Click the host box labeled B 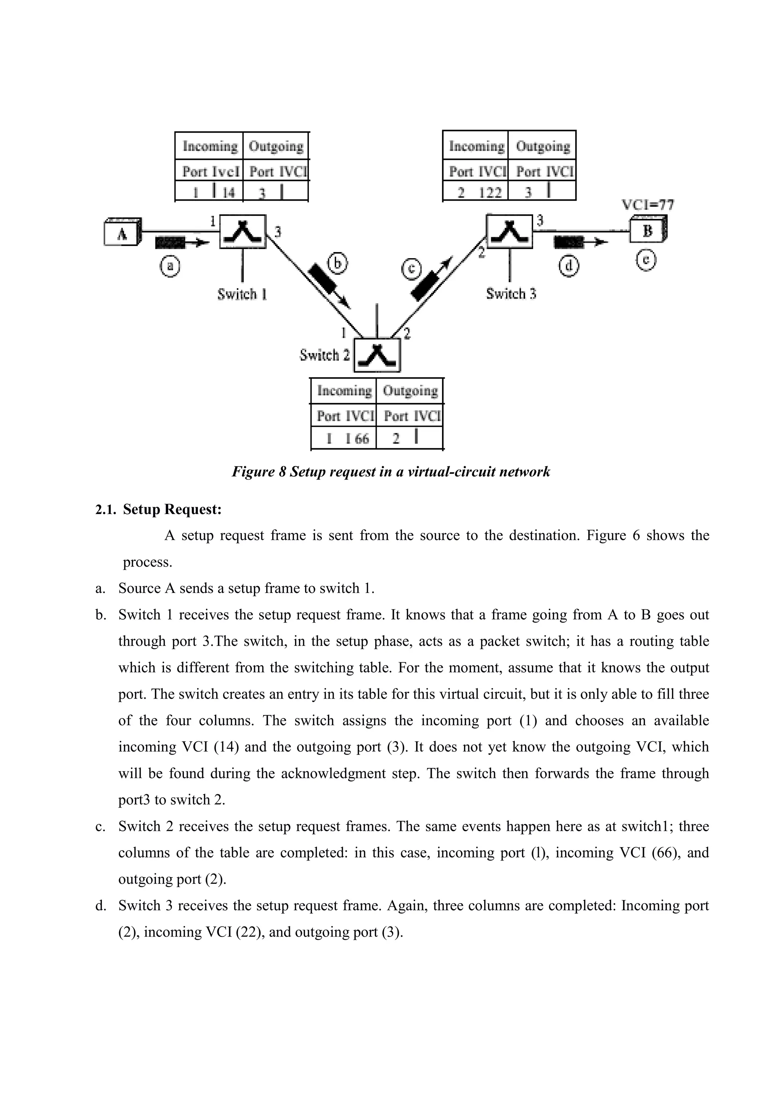click(x=648, y=231)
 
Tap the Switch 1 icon click(x=243, y=231)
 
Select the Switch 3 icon click(x=509, y=231)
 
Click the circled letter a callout click(x=170, y=266)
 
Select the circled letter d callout click(x=569, y=266)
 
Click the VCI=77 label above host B click(x=648, y=205)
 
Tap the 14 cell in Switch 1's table click(x=228, y=193)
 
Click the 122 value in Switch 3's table click(x=490, y=193)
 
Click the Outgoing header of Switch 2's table click(x=410, y=391)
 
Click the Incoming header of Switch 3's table click(x=476, y=146)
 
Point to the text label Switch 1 click(x=242, y=294)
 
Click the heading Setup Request click(x=172, y=509)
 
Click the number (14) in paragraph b click(x=226, y=747)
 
